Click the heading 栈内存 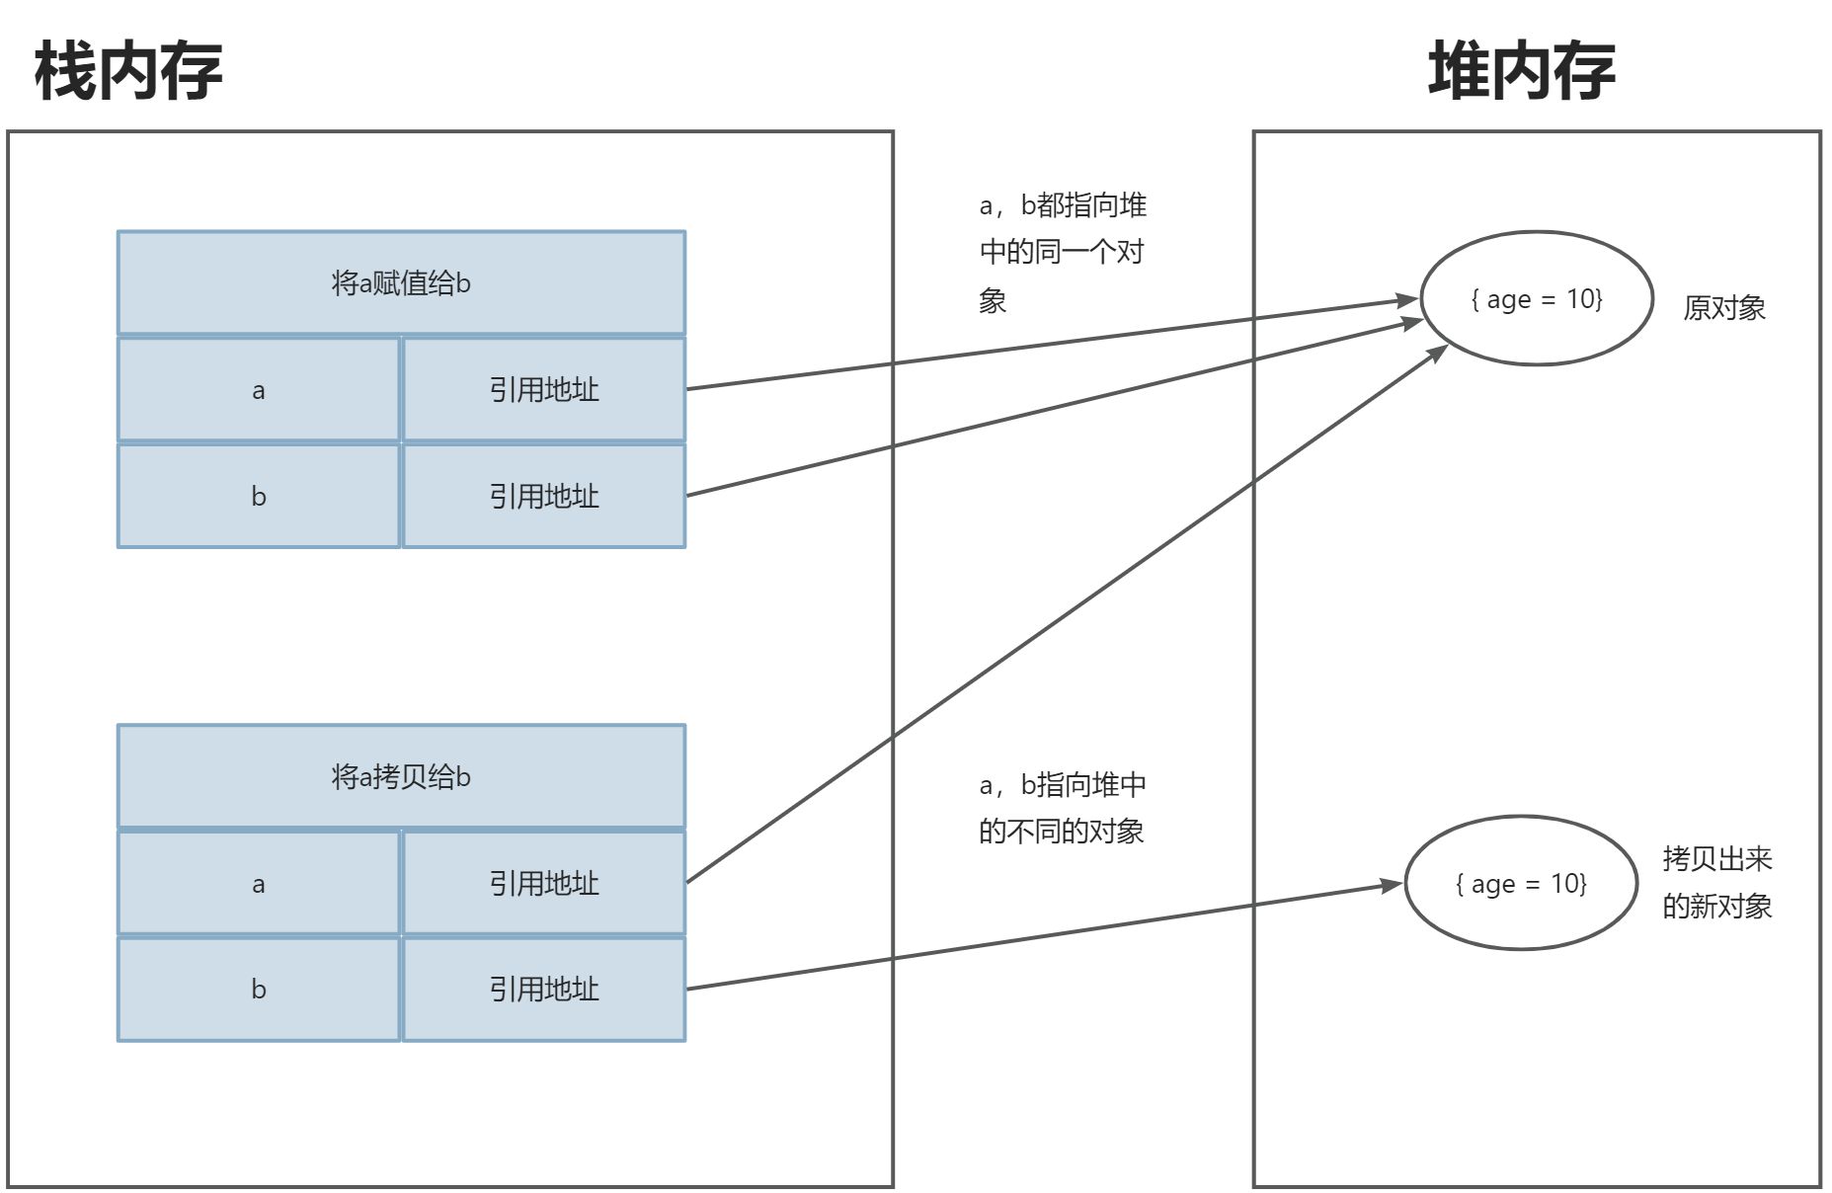point(128,71)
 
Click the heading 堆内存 point(1521,71)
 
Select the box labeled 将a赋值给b point(401,283)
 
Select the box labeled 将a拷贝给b point(401,776)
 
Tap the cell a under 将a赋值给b point(259,390)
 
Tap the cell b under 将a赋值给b point(259,496)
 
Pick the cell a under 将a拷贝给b point(259,883)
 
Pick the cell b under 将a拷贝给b point(259,989)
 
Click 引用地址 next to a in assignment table point(544,390)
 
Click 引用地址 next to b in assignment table point(544,496)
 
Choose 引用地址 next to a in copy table point(544,883)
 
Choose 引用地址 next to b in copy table point(544,989)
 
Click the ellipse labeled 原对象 point(1536,298)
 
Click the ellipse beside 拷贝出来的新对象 point(1521,883)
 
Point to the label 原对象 point(1723,308)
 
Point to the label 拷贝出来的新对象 point(1716,882)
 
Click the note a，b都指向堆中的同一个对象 point(1062,252)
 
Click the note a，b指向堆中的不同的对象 point(1062,808)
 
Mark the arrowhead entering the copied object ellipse point(1392,885)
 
